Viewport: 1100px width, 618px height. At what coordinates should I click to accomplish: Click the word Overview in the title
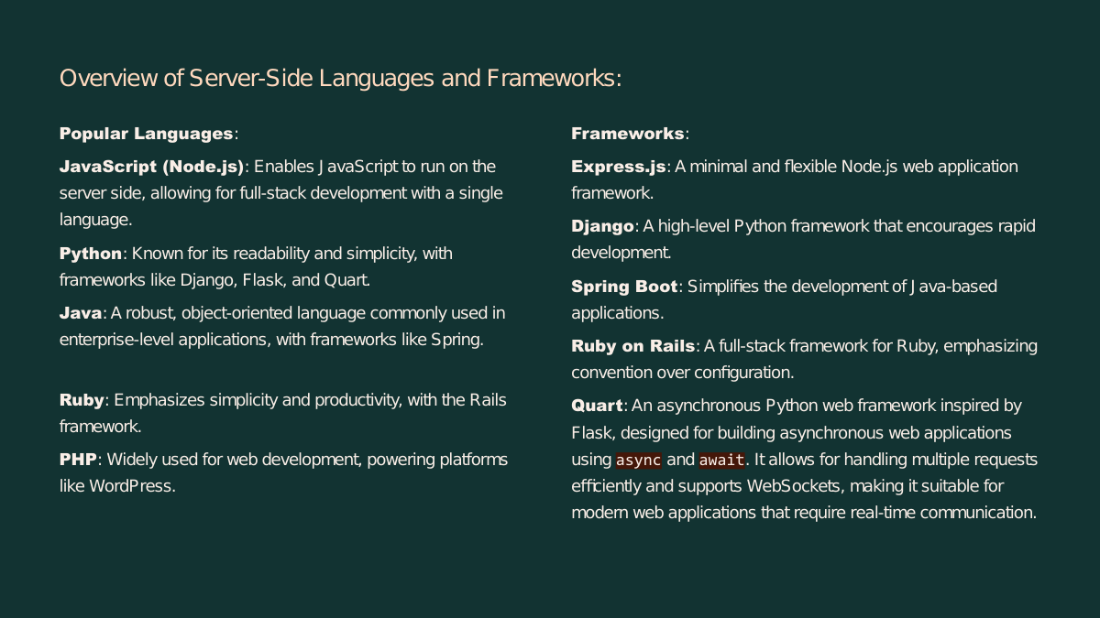click(108, 79)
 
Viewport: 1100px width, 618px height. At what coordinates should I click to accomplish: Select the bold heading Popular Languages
click(147, 134)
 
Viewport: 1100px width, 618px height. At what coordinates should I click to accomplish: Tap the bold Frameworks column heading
click(628, 134)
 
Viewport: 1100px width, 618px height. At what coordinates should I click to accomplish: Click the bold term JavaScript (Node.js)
click(152, 168)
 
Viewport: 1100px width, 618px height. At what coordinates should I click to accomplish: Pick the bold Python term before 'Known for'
click(91, 255)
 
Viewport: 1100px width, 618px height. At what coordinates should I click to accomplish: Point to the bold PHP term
click(78, 460)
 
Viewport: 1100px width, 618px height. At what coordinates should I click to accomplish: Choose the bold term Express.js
click(619, 168)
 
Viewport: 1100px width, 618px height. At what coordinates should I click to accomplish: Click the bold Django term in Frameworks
click(602, 227)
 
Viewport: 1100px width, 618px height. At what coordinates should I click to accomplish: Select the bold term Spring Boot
click(624, 287)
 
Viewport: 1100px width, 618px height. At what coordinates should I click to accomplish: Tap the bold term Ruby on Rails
click(633, 346)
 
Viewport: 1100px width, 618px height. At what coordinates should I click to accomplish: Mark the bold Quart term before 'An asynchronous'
click(597, 407)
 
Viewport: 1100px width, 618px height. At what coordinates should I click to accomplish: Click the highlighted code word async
click(638, 461)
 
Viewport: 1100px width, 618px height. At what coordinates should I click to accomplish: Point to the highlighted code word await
click(722, 461)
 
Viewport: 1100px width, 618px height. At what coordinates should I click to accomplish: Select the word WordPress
click(132, 486)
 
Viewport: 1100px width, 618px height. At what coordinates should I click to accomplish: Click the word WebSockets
click(796, 486)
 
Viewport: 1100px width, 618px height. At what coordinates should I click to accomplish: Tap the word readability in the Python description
click(271, 254)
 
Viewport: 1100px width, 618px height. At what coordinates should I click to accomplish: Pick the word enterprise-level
click(117, 340)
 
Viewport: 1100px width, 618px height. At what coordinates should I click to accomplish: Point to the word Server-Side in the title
click(251, 79)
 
